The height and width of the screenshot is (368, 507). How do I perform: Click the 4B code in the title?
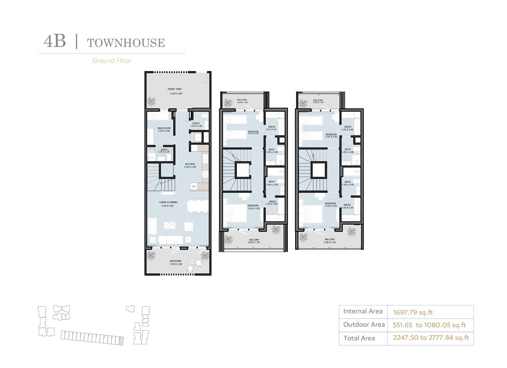[55, 42]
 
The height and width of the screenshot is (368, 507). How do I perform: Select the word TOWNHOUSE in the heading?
[126, 43]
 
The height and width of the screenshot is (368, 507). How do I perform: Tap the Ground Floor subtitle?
[112, 61]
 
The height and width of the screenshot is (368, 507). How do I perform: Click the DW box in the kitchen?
[194, 186]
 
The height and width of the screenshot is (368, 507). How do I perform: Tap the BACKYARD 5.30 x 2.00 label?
[176, 262]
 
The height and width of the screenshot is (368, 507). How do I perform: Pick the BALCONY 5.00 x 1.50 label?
[254, 241]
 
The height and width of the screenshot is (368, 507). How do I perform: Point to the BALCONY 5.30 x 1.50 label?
[330, 241]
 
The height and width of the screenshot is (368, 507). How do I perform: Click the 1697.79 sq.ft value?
[413, 312]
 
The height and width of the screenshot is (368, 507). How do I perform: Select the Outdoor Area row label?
[363, 325]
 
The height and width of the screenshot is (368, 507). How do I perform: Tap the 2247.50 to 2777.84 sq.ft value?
[431, 338]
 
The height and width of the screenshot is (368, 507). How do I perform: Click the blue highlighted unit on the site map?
[121, 341]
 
